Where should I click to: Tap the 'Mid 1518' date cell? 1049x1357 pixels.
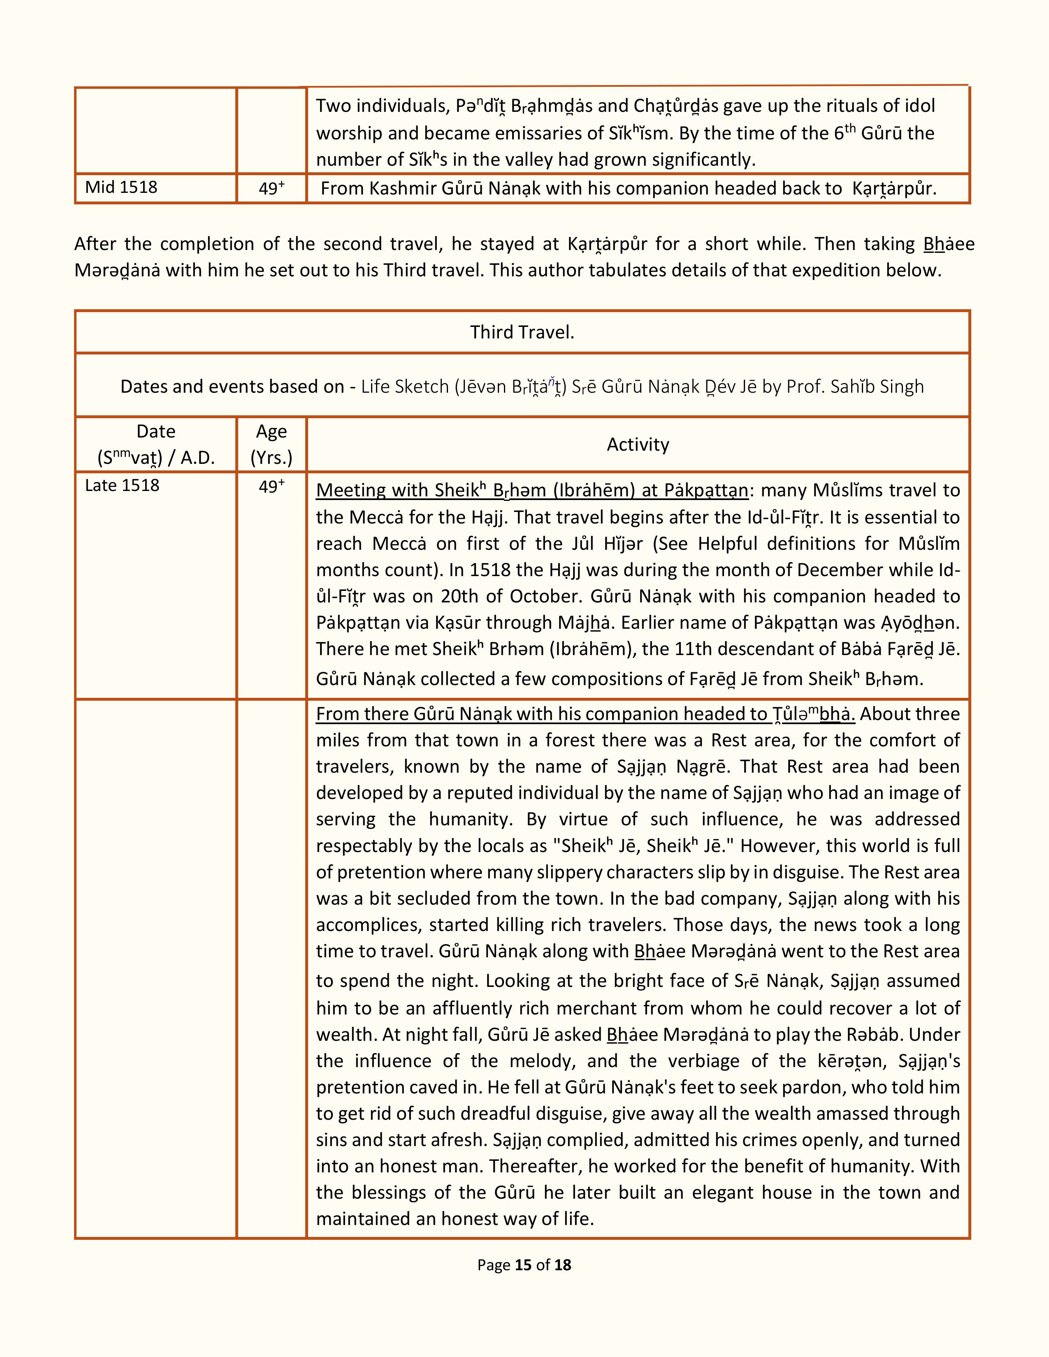pyautogui.click(x=121, y=187)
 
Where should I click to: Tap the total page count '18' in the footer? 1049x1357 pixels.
pyautogui.click(x=562, y=1264)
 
